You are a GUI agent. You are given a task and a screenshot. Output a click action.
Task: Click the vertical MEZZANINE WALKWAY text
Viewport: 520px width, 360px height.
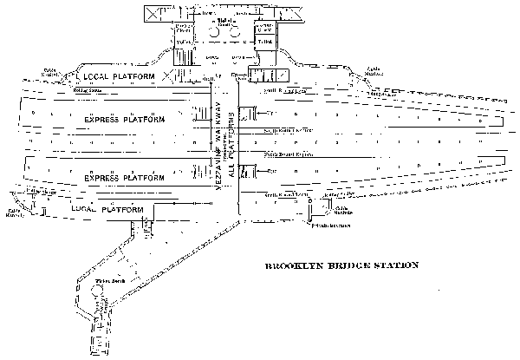coord(218,147)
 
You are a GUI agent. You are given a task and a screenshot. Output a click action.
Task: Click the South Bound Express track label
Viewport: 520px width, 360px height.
coord(287,130)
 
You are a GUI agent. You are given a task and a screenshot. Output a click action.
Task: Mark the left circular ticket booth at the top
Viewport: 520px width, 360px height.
coord(213,31)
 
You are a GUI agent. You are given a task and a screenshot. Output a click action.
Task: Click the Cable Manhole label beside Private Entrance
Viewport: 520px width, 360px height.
coord(343,209)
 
